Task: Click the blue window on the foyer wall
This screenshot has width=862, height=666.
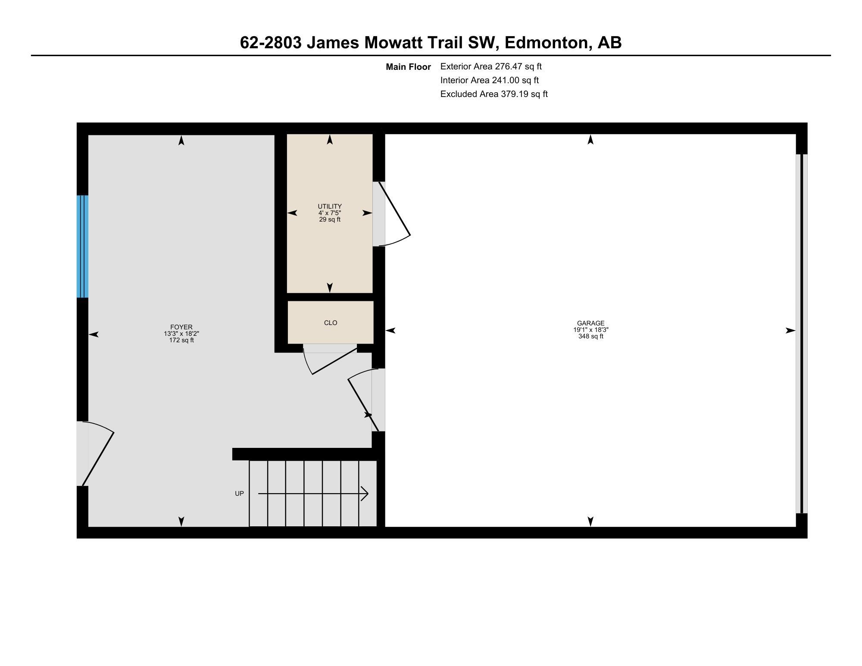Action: point(82,247)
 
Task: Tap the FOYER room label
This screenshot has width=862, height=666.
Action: point(181,327)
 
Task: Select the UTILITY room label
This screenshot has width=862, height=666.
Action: point(330,206)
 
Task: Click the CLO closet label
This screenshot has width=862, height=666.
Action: point(331,323)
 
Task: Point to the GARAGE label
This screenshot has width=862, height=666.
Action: point(590,323)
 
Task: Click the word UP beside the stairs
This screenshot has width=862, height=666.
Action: point(239,494)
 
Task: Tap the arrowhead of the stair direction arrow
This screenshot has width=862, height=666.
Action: point(365,494)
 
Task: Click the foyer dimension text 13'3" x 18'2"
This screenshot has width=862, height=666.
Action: point(181,334)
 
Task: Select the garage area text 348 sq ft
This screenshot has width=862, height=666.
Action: point(590,336)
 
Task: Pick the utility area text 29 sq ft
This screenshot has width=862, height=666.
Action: point(330,219)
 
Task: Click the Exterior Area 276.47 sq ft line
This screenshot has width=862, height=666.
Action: point(491,66)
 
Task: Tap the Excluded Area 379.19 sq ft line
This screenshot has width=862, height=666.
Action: point(494,94)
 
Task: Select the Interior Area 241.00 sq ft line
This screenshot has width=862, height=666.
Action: point(490,80)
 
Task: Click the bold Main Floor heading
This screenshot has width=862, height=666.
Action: point(408,67)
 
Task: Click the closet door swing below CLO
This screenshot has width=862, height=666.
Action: point(330,361)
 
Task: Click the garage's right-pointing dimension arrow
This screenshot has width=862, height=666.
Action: point(790,331)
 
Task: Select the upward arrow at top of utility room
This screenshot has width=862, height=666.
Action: point(330,139)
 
